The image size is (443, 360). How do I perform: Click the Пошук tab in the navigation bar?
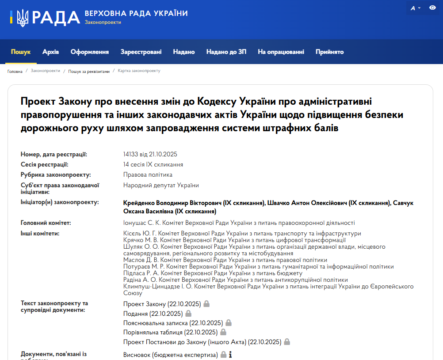click(21, 52)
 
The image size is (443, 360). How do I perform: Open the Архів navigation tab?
click(50, 52)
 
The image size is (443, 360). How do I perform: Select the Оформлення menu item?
click(89, 52)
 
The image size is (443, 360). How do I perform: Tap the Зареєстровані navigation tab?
click(141, 52)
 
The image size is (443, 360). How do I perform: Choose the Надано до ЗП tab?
click(226, 52)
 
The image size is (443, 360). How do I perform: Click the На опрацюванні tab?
click(281, 52)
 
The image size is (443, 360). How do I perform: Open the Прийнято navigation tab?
click(329, 52)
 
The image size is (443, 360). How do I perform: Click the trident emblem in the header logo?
click(23, 17)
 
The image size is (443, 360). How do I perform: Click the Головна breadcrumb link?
click(15, 71)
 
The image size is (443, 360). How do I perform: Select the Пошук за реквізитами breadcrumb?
click(88, 71)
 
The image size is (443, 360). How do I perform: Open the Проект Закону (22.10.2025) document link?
click(162, 304)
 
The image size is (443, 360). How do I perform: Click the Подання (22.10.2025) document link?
click(153, 314)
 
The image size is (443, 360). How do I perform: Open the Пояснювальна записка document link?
click(173, 323)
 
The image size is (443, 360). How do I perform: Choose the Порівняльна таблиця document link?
click(170, 332)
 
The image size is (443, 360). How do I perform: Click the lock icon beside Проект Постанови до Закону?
click(287, 341)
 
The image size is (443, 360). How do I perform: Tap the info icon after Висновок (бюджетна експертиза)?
click(230, 355)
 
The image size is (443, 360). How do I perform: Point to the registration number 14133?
click(131, 154)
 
